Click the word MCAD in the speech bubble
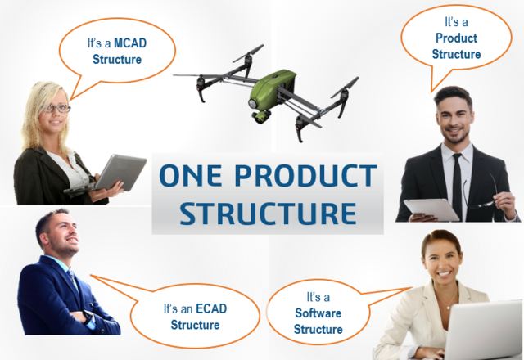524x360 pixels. click(x=130, y=43)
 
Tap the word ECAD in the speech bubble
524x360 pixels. click(x=211, y=308)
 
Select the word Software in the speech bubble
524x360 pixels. click(x=318, y=313)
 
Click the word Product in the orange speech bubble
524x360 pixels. click(x=456, y=38)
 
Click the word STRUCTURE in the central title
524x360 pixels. click(x=268, y=213)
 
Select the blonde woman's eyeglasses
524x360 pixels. click(x=56, y=108)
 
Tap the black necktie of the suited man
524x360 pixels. click(x=457, y=186)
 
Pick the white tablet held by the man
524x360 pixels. click(x=431, y=209)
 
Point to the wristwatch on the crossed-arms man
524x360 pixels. click(x=88, y=317)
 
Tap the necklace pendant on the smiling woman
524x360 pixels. click(x=448, y=308)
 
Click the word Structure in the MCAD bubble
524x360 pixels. click(x=117, y=60)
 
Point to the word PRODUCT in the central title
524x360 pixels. click(x=305, y=175)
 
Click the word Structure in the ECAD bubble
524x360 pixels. click(x=195, y=325)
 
